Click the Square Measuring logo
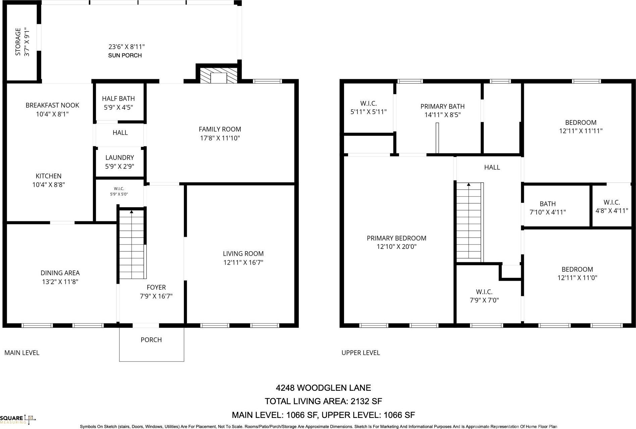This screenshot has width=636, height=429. pos(18,419)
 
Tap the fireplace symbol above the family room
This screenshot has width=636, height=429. pos(218,75)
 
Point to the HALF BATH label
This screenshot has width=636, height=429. pos(118,99)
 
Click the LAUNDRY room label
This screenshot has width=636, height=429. pos(119,158)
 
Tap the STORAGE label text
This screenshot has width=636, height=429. pos(18,42)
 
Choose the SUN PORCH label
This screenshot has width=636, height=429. pos(125,55)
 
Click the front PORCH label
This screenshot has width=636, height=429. pos(151,340)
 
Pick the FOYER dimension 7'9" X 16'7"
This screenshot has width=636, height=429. pos(156,296)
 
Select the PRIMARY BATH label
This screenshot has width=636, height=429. pos(442,106)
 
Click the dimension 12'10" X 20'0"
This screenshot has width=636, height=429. pos(396,247)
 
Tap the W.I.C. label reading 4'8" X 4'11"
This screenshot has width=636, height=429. pos(611,211)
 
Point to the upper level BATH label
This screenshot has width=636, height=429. pos(547,204)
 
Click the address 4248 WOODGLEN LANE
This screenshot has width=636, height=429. pos(323,388)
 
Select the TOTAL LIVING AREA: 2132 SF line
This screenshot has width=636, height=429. pos(323,401)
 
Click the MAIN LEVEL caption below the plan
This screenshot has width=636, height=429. pos(22,353)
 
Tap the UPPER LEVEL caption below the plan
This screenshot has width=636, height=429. pos(360,353)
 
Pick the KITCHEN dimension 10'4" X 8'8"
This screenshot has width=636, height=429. pos(48,185)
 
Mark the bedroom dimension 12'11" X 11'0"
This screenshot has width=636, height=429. pos(577,278)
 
